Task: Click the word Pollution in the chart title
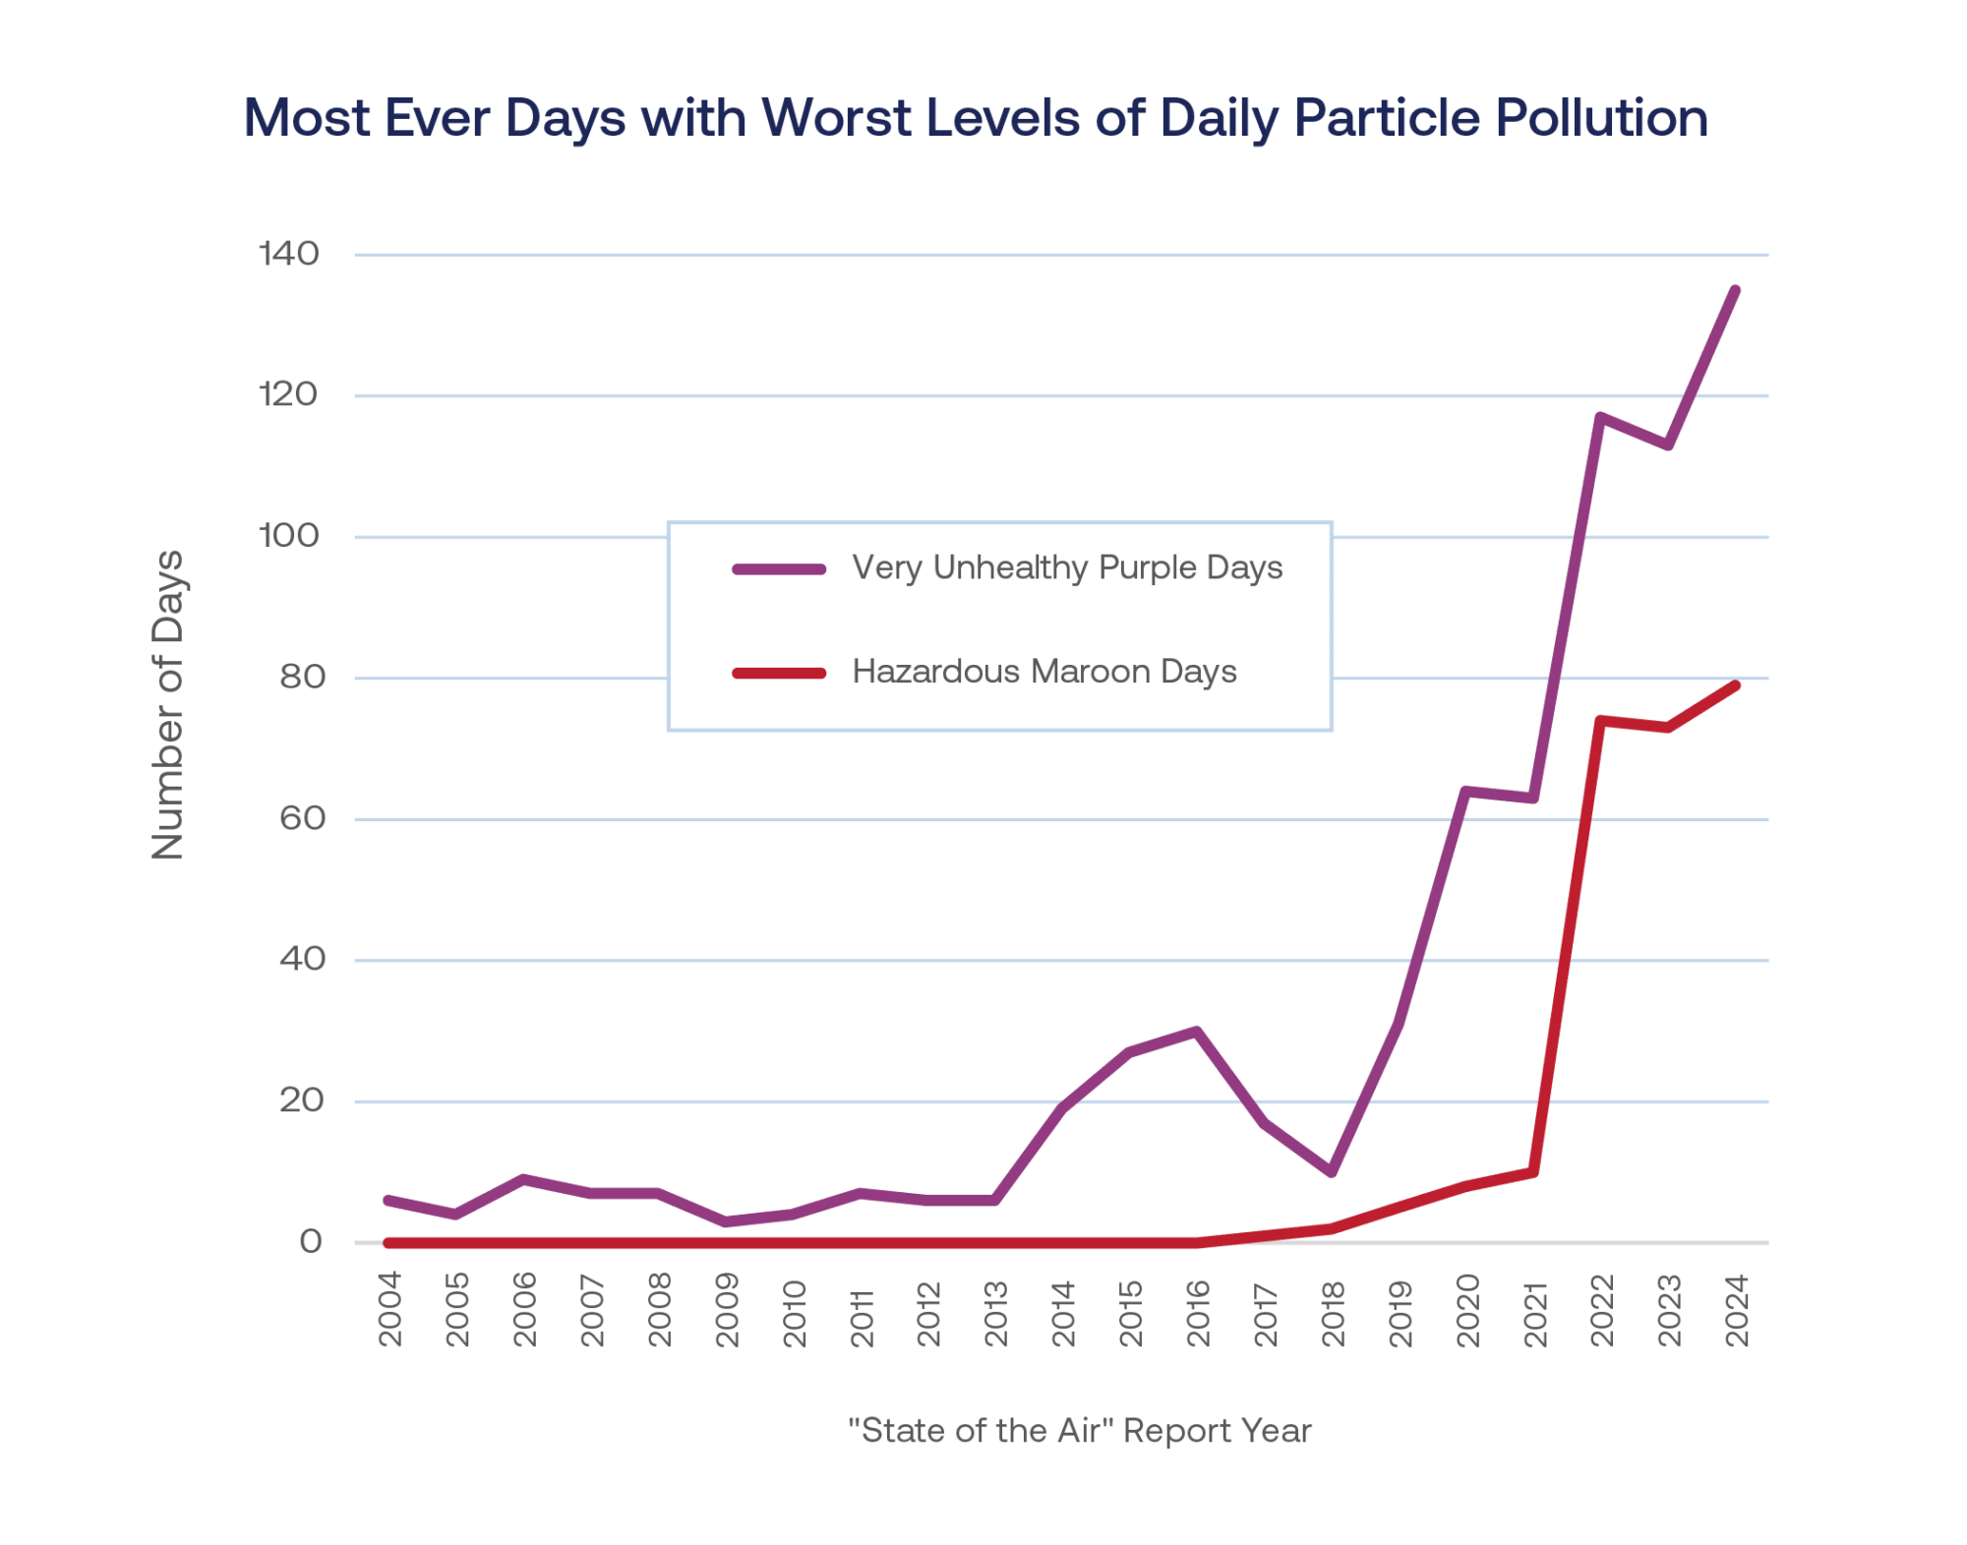click(1601, 119)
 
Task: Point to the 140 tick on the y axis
click(289, 254)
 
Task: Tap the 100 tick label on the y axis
click(289, 536)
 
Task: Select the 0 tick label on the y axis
click(311, 1242)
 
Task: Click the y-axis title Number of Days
click(168, 705)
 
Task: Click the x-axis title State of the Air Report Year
click(1079, 1430)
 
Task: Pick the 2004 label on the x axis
click(390, 1309)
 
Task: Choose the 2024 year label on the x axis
click(1737, 1310)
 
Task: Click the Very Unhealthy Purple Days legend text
click(1067, 567)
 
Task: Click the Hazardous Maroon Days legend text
click(1043, 672)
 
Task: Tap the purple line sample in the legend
click(779, 569)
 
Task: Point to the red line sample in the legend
click(779, 673)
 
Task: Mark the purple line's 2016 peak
click(1197, 1031)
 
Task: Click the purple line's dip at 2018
click(1332, 1172)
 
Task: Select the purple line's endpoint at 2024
click(1736, 290)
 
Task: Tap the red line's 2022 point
click(1601, 721)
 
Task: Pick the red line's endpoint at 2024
click(1736, 684)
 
